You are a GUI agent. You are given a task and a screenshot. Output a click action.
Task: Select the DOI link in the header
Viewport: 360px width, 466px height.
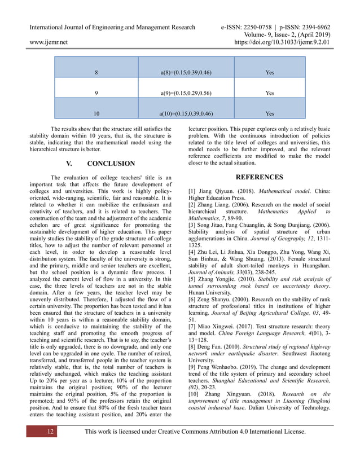click(x=282, y=42)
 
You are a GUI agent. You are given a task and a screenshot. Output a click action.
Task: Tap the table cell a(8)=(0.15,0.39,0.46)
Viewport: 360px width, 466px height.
click(x=186, y=73)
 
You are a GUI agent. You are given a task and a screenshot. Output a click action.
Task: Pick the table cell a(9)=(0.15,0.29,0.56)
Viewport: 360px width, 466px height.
click(x=186, y=93)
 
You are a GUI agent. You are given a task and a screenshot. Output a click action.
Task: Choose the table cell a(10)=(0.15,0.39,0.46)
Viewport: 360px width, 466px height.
click(x=186, y=113)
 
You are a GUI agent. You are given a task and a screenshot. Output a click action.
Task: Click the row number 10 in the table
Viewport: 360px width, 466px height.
click(x=96, y=113)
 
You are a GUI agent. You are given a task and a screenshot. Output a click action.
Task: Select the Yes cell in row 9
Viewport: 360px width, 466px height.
click(x=270, y=93)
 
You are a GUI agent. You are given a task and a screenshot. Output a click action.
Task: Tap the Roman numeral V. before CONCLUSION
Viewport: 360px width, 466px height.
click(x=70, y=164)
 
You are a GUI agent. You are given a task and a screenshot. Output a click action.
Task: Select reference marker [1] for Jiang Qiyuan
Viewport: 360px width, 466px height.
click(x=192, y=192)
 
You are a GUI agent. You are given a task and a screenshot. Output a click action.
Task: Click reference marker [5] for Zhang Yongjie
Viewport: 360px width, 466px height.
click(x=192, y=279)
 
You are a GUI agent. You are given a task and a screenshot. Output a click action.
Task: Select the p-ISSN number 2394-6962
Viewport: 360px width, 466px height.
click(x=313, y=27)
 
